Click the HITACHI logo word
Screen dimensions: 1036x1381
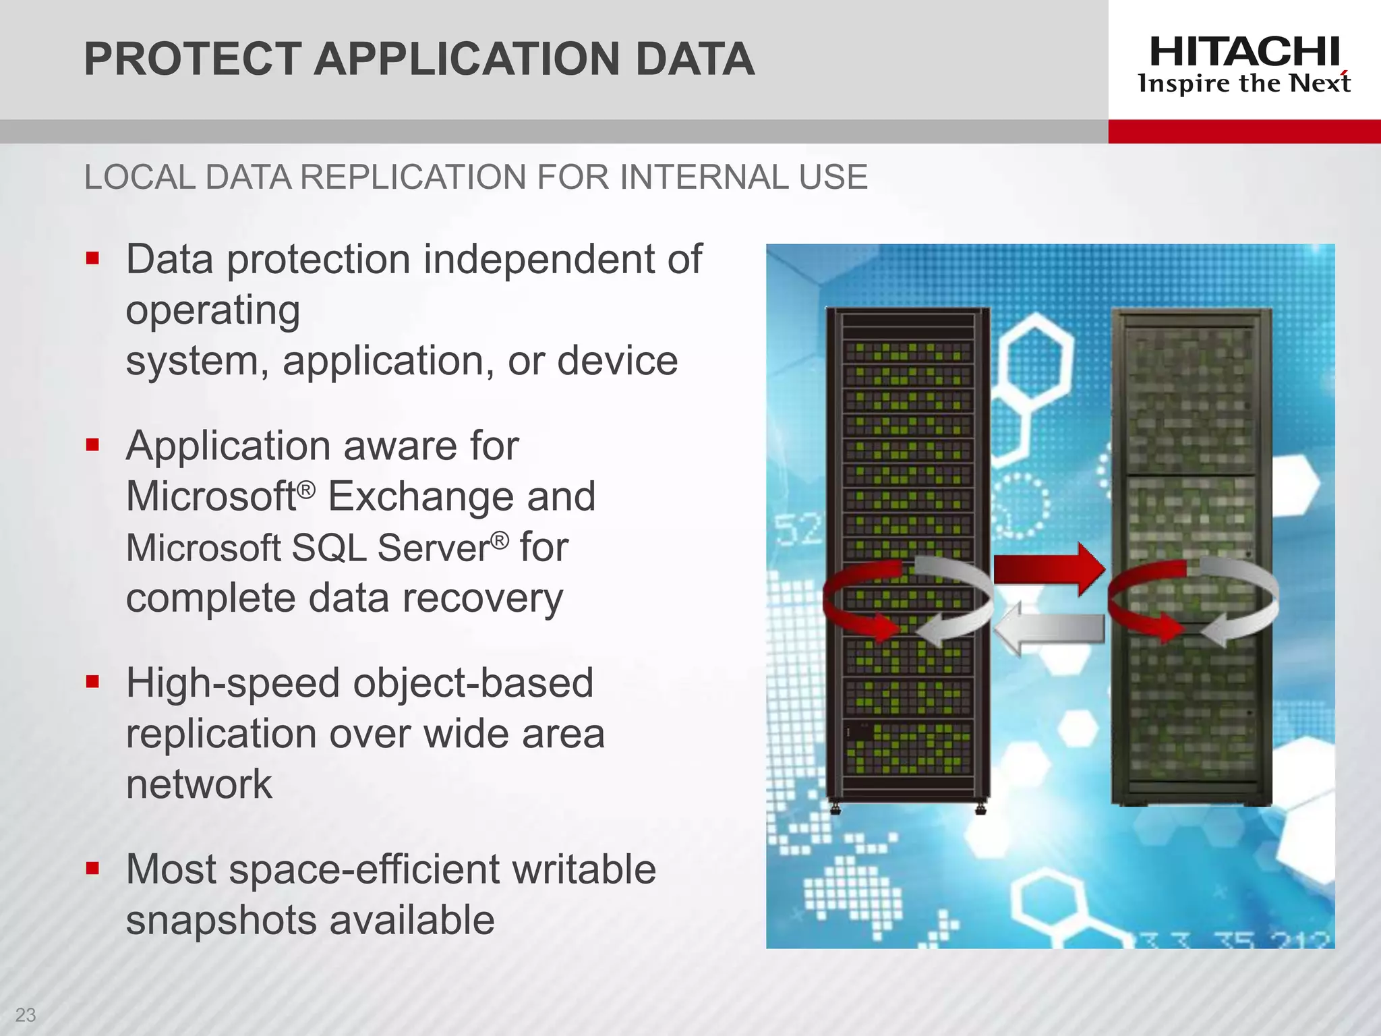(x=1244, y=52)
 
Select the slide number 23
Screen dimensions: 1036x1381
(x=25, y=1014)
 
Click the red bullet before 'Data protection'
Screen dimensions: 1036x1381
(x=93, y=258)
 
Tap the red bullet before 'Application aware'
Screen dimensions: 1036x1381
(x=93, y=444)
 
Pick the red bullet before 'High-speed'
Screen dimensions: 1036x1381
(x=93, y=682)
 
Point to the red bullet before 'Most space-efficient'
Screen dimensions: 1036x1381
(x=93, y=868)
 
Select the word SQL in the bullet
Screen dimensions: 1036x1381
(x=329, y=548)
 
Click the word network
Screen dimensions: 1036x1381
(x=199, y=784)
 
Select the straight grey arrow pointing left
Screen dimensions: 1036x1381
(x=1049, y=629)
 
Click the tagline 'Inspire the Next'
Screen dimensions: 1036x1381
(x=1244, y=84)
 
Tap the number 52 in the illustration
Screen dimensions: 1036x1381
(x=798, y=529)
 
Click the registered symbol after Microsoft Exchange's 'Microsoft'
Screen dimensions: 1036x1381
(x=306, y=489)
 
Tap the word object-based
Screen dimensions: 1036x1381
(x=473, y=683)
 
